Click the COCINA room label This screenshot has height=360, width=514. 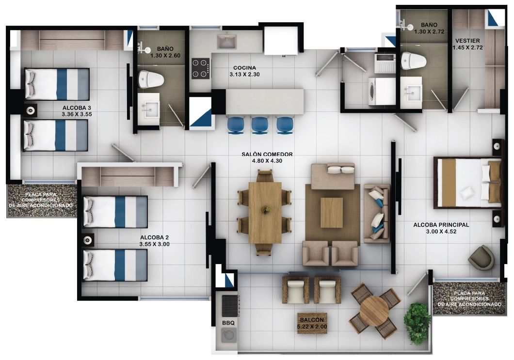244,68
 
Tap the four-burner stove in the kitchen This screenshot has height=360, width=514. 200,68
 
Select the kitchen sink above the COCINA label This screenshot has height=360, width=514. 226,41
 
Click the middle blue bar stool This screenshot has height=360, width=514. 259,125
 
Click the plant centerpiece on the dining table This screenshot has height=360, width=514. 265,209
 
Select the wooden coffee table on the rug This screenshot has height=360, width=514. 332,212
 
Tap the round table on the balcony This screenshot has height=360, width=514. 374,310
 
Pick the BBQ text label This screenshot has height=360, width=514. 228,322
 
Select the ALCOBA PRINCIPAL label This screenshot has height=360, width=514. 441,225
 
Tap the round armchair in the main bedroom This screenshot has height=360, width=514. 481,257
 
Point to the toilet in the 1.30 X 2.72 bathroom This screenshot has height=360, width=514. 414,61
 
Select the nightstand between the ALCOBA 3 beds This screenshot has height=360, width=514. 31,110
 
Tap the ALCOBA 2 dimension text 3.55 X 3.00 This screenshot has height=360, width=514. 154,244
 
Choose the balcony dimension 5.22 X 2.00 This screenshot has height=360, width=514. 312,327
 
